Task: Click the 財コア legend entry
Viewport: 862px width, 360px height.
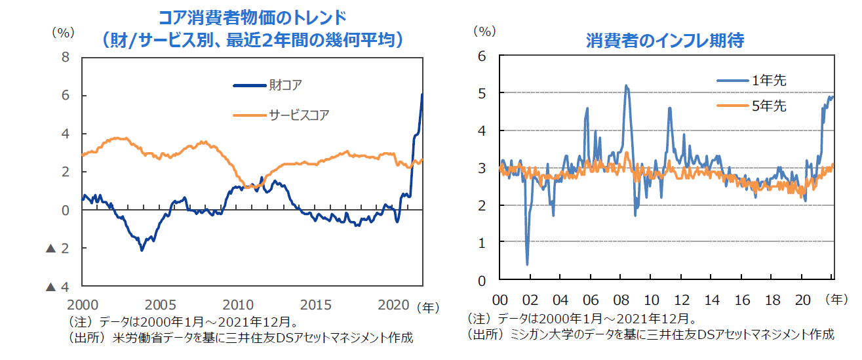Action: coord(285,85)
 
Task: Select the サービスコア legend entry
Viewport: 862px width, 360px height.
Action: coord(298,115)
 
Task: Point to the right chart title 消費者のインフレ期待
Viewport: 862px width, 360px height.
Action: coord(665,41)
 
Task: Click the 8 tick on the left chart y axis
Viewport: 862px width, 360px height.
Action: coord(66,57)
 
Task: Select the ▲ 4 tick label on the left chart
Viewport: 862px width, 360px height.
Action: coord(58,287)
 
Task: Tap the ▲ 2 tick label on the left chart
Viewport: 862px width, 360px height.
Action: coord(58,249)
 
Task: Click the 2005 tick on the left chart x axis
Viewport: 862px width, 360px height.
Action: coord(161,306)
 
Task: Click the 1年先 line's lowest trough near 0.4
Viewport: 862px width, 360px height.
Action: coord(528,264)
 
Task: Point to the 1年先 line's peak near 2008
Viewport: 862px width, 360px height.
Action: coord(626,85)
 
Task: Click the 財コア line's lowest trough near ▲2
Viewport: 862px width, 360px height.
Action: coord(142,250)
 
